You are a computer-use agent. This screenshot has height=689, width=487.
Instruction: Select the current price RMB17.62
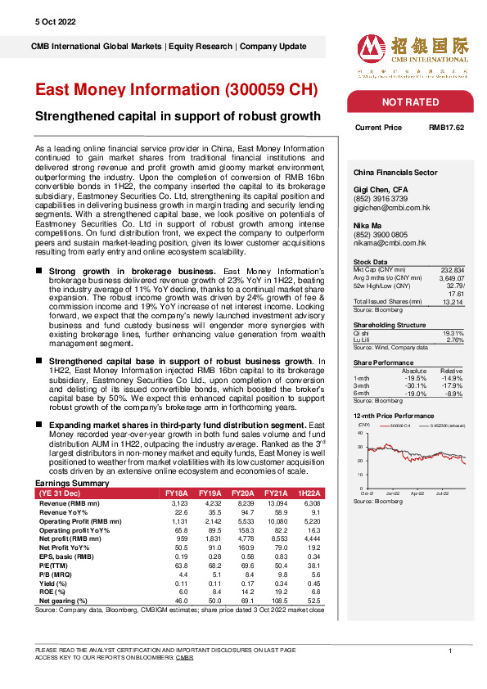pos(446,128)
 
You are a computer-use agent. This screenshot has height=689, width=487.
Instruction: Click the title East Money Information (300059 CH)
pos(177,89)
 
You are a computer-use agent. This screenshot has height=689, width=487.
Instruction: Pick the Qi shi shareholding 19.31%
pos(453,310)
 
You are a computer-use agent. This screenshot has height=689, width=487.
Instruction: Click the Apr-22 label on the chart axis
pos(417,493)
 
